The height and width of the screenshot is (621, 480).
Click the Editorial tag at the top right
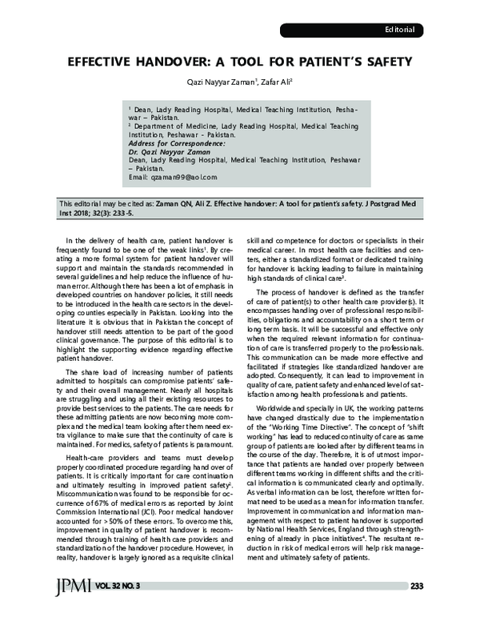[399, 30]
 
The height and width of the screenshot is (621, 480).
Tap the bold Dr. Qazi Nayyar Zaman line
[169, 151]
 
